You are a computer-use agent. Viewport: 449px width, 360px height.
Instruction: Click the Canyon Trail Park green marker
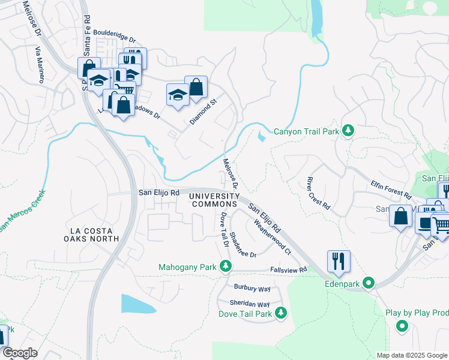[x=348, y=131]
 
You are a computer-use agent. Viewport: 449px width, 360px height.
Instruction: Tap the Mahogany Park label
[x=187, y=266]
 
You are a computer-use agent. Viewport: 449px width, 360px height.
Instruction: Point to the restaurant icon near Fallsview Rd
[x=339, y=261]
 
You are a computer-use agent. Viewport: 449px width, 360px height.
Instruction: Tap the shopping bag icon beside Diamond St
[x=196, y=88]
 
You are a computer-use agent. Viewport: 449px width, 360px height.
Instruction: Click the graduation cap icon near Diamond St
[x=178, y=95]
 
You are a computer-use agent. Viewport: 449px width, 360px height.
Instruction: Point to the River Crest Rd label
[x=318, y=193]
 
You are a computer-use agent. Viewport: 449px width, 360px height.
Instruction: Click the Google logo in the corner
[x=19, y=353]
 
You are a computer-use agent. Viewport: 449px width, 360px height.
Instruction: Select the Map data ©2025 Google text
[x=411, y=355]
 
